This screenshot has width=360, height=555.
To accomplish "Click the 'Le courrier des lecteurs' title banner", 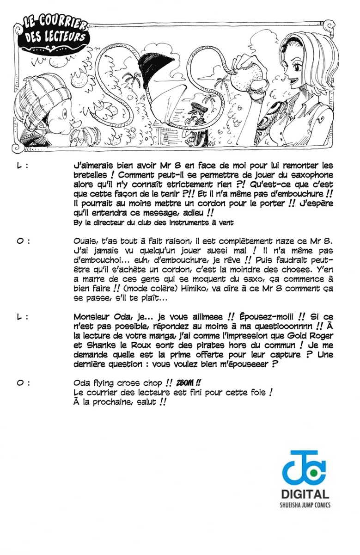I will (x=52, y=32).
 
